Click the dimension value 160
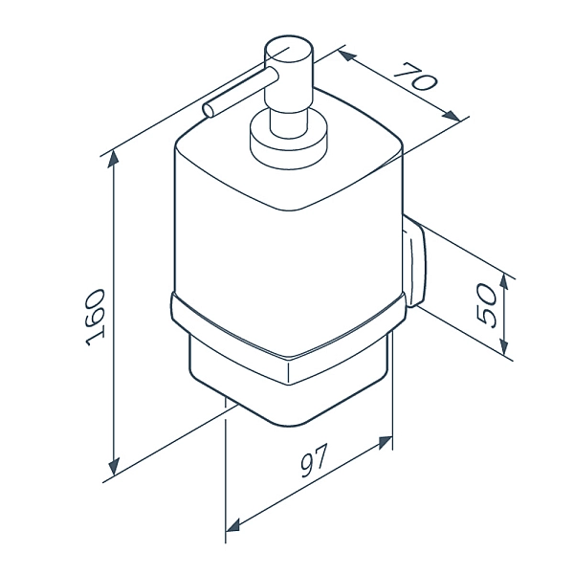pyautogui.click(x=95, y=318)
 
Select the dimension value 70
pyautogui.click(x=416, y=78)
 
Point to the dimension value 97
pyautogui.click(x=314, y=460)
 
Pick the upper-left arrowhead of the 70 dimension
pyautogui.click(x=347, y=55)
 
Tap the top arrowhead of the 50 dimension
pyautogui.click(x=504, y=284)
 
